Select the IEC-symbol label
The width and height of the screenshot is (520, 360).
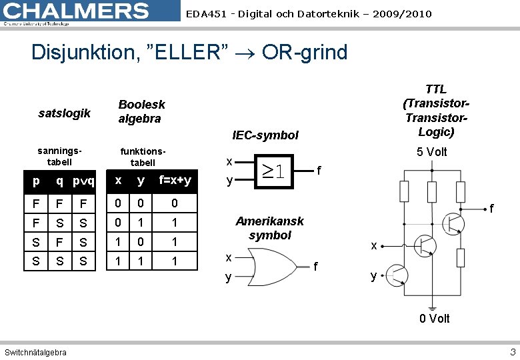pyautogui.click(x=265, y=135)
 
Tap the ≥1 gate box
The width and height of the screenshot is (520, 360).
pyautogui.click(x=274, y=171)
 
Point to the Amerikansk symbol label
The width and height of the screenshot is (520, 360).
pyautogui.click(x=269, y=228)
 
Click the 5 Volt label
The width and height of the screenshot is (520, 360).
pyautogui.click(x=431, y=152)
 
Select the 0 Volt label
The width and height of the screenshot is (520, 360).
pyautogui.click(x=434, y=319)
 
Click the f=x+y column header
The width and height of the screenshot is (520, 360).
pyautogui.click(x=175, y=181)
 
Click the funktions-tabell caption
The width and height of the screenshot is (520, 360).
pyautogui.click(x=143, y=157)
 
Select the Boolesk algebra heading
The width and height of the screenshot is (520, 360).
pyautogui.click(x=141, y=111)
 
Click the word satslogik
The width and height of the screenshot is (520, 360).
pyautogui.click(x=65, y=113)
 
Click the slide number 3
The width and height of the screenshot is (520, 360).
pyautogui.click(x=512, y=351)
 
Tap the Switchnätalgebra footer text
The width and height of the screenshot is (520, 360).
pyautogui.click(x=35, y=352)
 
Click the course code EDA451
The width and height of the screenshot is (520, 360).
pyautogui.click(x=205, y=14)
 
